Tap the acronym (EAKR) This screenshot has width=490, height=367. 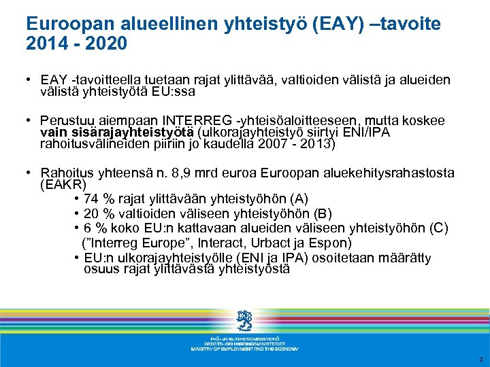pyautogui.click(x=63, y=184)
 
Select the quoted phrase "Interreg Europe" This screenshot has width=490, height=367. pyautogui.click(x=136, y=243)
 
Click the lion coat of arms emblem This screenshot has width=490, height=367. pyautogui.click(x=244, y=320)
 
